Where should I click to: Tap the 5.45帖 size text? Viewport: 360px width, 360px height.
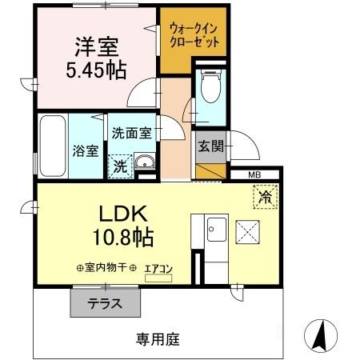(x=95, y=70)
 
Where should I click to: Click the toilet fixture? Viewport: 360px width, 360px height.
(x=210, y=87)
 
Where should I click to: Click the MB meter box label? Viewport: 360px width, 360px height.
(x=254, y=174)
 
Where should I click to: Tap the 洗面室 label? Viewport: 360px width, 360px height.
(x=131, y=134)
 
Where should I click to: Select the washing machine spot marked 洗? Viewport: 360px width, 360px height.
(x=118, y=166)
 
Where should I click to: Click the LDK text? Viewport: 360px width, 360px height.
(x=122, y=214)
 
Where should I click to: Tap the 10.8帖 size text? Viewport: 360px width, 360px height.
(x=122, y=237)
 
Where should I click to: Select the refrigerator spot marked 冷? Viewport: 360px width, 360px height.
(x=262, y=195)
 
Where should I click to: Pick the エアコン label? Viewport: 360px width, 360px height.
(x=158, y=270)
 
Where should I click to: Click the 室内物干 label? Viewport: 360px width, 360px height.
(x=104, y=270)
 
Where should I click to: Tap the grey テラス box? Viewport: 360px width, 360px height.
(x=104, y=303)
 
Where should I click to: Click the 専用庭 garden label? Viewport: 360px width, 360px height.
(x=156, y=338)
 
